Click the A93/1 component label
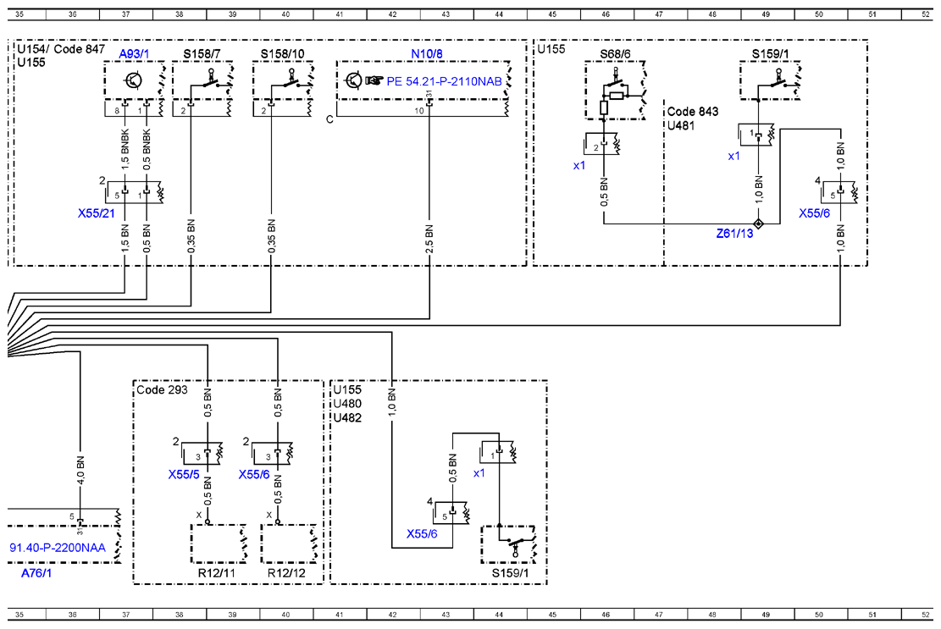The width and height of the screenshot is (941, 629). click(x=134, y=54)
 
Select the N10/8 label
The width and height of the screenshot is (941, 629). click(x=427, y=54)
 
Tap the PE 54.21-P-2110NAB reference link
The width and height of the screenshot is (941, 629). click(x=444, y=81)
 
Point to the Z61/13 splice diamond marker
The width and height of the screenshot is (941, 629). click(x=759, y=223)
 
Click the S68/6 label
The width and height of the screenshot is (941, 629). click(x=615, y=54)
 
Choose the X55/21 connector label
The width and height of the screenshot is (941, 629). click(x=96, y=212)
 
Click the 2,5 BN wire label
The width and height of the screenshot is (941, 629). click(x=429, y=239)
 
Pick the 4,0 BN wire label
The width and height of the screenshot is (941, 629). click(x=80, y=470)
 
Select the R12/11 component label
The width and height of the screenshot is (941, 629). click(x=217, y=572)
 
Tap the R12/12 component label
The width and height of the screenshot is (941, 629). click(x=286, y=572)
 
